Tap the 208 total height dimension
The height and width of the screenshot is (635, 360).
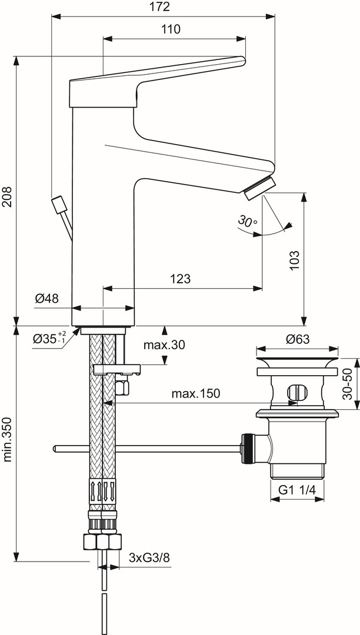point(8,197)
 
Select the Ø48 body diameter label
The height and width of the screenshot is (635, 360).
point(46,299)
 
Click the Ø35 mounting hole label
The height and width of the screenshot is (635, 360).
point(50,337)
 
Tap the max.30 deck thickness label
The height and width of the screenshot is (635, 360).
point(164,345)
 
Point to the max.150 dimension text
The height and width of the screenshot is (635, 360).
point(196,393)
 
